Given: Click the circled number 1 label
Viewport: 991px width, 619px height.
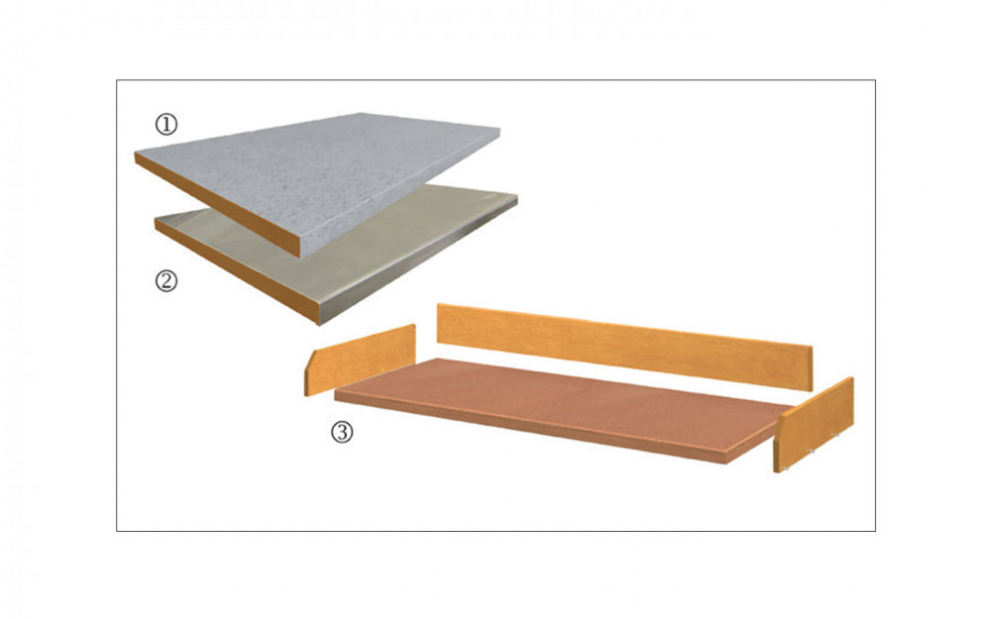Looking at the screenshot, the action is coord(166,125).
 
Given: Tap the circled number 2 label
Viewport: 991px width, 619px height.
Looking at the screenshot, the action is coord(166,280).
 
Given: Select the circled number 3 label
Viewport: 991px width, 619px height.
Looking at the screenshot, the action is coord(342,432).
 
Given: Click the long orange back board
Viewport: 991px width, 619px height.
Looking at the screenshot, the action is coord(622,345).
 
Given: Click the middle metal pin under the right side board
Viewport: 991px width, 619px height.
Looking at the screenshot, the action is coord(813,451).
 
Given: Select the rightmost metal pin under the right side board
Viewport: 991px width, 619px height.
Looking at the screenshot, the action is coord(837,435).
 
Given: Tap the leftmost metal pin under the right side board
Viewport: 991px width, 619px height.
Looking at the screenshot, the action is coord(786,468).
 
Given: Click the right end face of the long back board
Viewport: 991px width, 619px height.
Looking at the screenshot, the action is coord(809,368).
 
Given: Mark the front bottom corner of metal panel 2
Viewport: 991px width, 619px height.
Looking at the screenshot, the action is coord(319,325).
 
